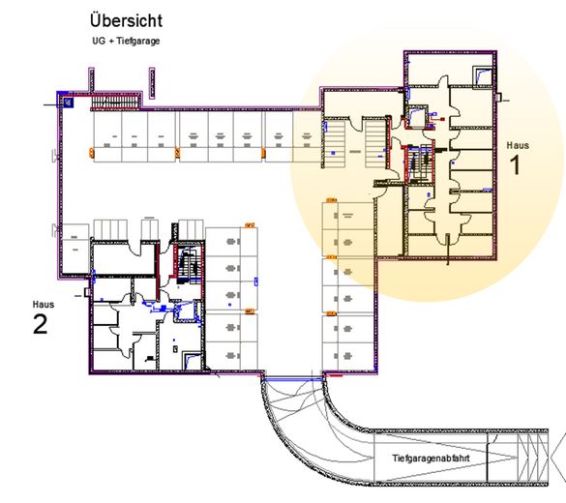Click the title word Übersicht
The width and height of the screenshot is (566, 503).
(x=126, y=20)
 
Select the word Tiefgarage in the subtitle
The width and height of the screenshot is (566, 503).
(x=138, y=42)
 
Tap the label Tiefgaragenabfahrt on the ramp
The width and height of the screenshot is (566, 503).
(x=431, y=459)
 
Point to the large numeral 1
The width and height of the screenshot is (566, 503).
(x=516, y=164)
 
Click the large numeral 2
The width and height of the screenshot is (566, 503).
(x=40, y=324)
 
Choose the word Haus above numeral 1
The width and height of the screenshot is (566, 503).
(x=518, y=145)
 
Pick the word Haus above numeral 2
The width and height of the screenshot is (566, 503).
(x=44, y=304)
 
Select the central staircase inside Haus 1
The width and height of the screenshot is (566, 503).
(x=420, y=163)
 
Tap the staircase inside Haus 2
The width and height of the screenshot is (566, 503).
(x=188, y=266)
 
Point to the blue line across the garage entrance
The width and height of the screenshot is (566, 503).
(x=292, y=379)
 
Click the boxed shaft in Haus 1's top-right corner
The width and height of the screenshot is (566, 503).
(x=483, y=75)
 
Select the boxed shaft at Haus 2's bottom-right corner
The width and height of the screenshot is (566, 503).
(x=192, y=361)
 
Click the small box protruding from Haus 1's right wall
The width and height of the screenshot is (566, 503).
(x=499, y=97)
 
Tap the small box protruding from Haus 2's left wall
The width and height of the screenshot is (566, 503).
(x=87, y=291)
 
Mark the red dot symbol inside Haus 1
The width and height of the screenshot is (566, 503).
(x=442, y=119)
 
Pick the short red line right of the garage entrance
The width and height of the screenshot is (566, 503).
(x=336, y=375)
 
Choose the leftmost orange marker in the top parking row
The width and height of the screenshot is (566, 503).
(x=92, y=153)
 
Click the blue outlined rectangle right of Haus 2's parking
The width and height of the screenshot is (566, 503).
(x=256, y=281)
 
